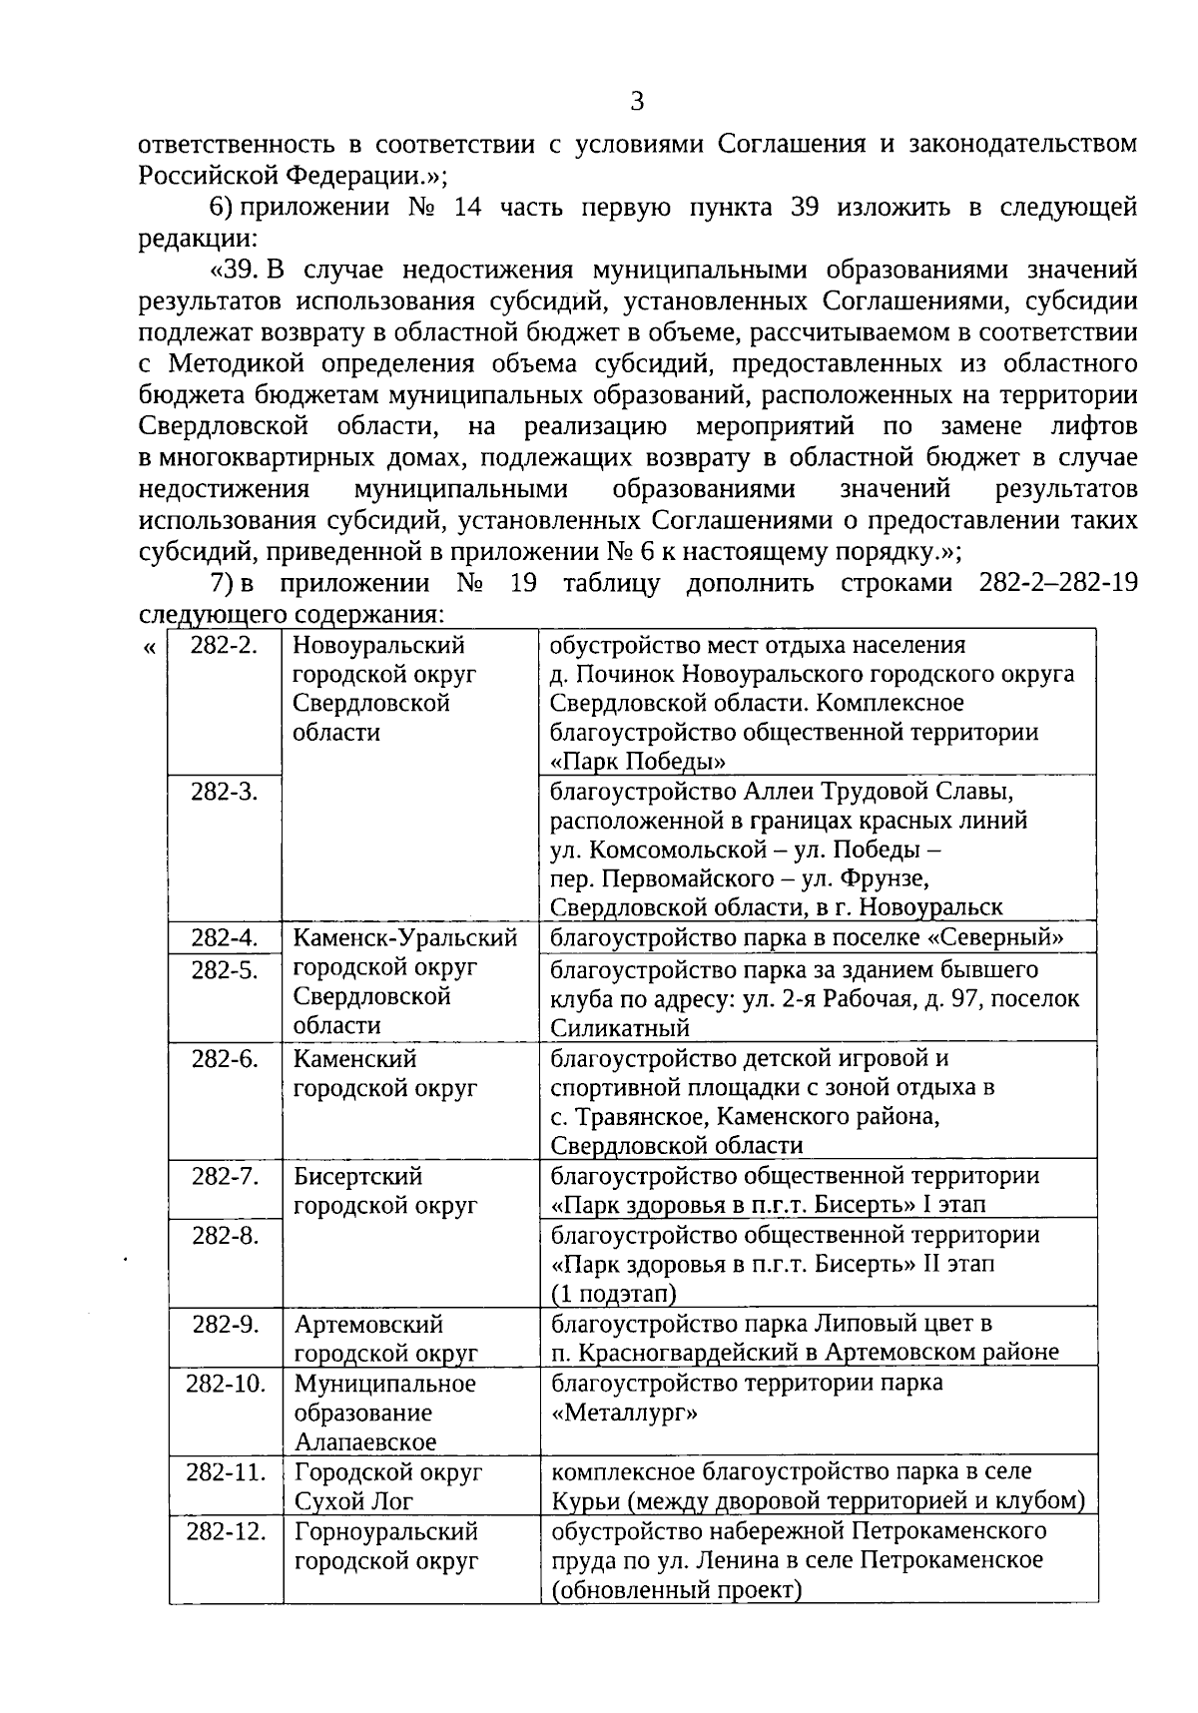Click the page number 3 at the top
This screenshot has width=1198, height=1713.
pos(637,102)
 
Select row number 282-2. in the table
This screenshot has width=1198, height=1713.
pos(225,645)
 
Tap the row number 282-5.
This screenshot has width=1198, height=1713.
pos(225,969)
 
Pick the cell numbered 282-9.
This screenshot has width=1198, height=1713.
pos(225,1324)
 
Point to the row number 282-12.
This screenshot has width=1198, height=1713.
pos(226,1530)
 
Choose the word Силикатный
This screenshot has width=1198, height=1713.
pos(620,1027)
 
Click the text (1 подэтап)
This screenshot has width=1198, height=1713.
pos(614,1294)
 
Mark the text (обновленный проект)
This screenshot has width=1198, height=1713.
pos(677,1589)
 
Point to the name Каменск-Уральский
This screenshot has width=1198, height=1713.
pos(405,938)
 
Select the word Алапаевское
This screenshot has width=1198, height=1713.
pos(365,1441)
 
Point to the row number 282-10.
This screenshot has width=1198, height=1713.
pos(226,1384)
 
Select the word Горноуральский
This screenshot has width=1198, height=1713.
pos(386,1530)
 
